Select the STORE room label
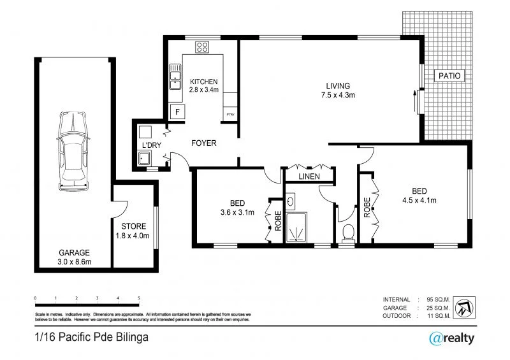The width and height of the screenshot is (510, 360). pos(134,226)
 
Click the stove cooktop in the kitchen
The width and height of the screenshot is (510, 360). pos(203,47)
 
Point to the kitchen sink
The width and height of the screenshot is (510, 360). pos(175,77)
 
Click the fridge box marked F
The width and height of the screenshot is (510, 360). pos(177,113)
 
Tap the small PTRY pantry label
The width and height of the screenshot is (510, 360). pos(229,115)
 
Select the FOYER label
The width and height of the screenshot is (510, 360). pos(204,143)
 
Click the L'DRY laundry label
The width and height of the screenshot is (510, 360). pos(152,146)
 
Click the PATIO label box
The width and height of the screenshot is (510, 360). pos(450,76)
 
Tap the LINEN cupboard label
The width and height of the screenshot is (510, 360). pos(309,176)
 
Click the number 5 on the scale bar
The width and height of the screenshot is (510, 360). pos(138,298)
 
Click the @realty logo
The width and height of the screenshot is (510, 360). pos(451,338)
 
